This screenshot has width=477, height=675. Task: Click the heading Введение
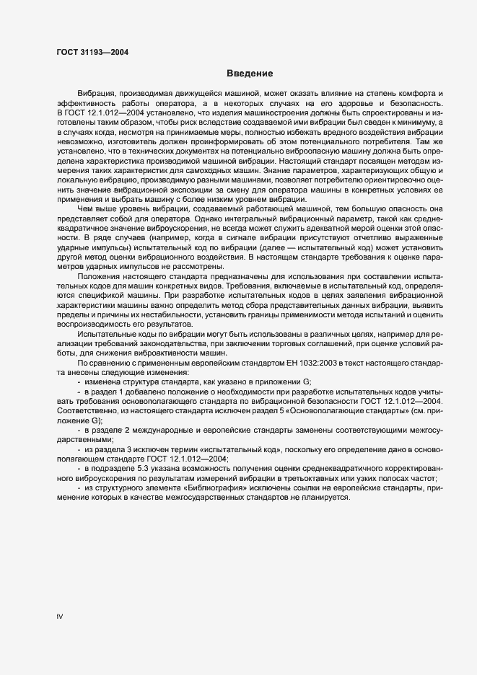[x=249, y=74]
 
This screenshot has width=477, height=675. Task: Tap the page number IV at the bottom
[x=61, y=617]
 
